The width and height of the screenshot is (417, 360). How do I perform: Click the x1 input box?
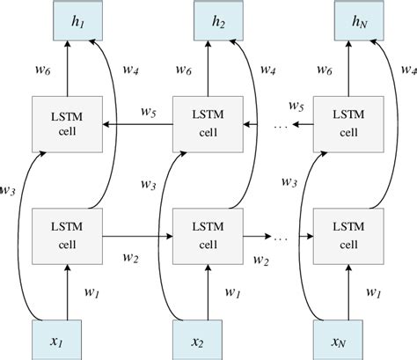(67, 339)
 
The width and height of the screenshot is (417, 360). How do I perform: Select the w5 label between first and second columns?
(150, 112)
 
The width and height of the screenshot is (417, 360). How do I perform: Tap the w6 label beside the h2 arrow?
(185, 68)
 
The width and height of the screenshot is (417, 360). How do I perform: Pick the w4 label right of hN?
(407, 68)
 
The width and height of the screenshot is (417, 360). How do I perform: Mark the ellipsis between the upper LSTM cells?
(280, 129)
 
